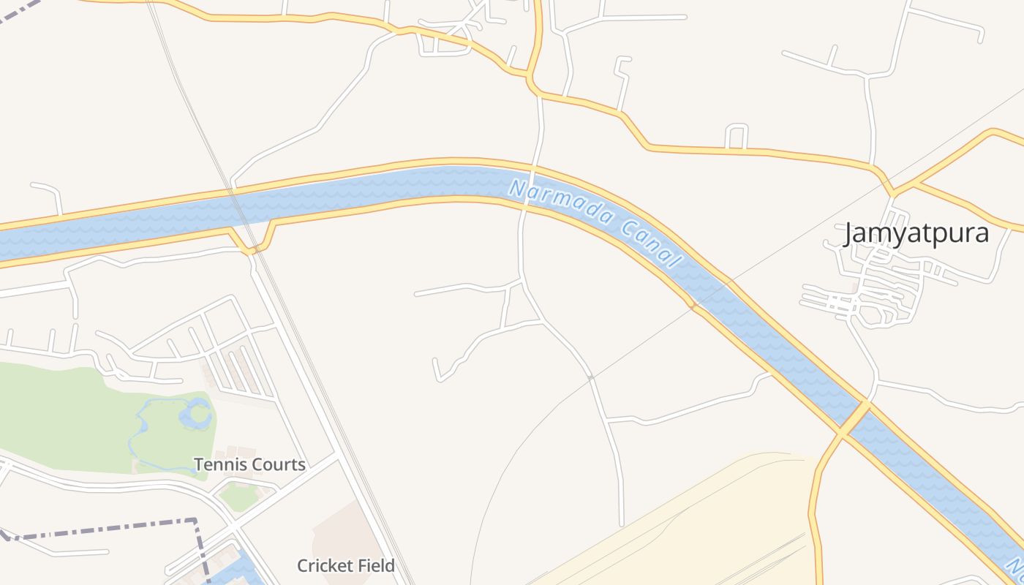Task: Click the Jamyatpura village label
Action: (x=916, y=233)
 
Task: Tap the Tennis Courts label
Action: (x=249, y=464)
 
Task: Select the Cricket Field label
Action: (x=345, y=565)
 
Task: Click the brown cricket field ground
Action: (x=344, y=534)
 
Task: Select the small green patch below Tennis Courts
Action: (x=238, y=497)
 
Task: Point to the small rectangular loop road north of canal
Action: (x=737, y=136)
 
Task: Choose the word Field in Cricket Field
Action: (x=374, y=565)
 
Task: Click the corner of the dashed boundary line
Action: (x=196, y=521)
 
